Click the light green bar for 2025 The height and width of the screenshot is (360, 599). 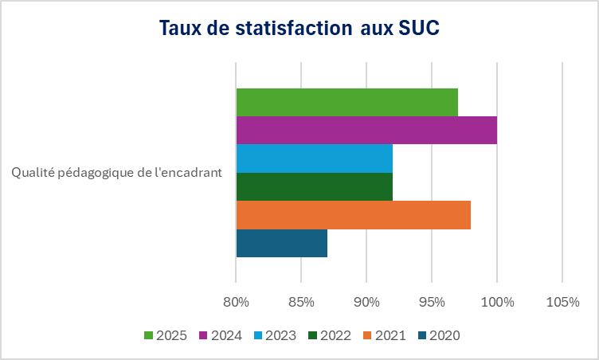tap(346, 102)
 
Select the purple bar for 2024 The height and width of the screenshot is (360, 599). tap(366, 130)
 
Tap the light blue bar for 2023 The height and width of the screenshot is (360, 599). tap(314, 158)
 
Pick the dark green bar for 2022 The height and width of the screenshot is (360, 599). tap(314, 186)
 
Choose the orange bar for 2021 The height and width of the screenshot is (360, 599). tap(353, 215)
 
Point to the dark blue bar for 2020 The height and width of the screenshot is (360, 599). tap(281, 243)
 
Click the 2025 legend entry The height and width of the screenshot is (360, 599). tap(166, 335)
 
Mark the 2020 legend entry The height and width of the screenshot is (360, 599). tap(437, 335)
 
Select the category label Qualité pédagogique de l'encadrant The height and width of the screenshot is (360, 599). tap(116, 172)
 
